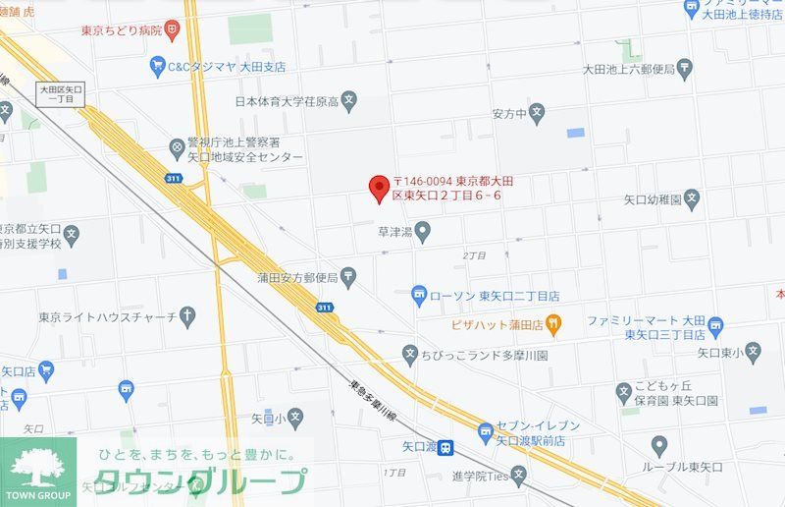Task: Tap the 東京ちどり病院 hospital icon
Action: pos(173,30)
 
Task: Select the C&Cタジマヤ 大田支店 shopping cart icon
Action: pos(157,65)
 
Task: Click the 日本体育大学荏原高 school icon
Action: pos(350,100)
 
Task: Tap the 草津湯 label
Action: pos(397,233)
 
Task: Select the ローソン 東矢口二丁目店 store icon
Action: pos(419,295)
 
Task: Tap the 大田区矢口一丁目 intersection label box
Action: pos(62,95)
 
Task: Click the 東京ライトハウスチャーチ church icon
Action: pos(187,315)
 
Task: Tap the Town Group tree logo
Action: pos(38,466)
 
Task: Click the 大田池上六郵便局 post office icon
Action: pos(684,69)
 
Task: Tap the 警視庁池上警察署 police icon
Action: pos(178,149)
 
